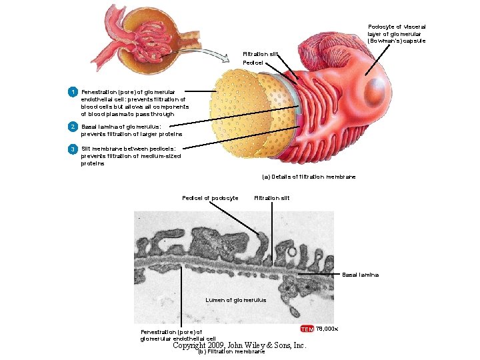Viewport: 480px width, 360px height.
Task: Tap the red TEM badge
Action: click(x=307, y=329)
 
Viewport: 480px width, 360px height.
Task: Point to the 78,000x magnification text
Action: click(x=327, y=329)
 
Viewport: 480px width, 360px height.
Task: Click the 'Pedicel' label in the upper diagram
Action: click(x=253, y=63)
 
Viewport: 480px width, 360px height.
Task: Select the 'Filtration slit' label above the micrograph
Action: click(x=272, y=198)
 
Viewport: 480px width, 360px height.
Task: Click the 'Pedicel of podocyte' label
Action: click(x=210, y=198)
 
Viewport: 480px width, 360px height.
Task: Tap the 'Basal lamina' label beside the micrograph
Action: click(x=360, y=275)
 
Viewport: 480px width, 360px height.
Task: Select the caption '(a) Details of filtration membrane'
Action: click(x=304, y=177)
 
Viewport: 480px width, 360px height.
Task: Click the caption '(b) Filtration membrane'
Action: click(x=231, y=352)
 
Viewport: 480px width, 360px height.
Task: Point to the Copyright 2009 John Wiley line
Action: click(x=239, y=345)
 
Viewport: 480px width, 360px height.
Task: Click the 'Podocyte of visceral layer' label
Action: click(x=397, y=33)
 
